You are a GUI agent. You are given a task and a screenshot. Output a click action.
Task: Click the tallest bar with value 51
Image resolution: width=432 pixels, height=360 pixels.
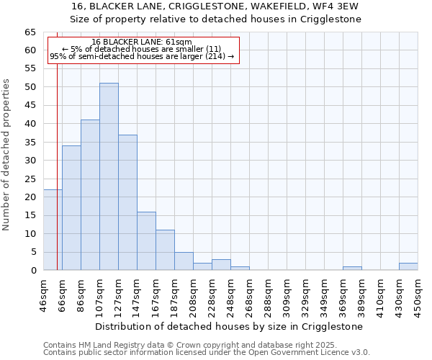tap(109, 176)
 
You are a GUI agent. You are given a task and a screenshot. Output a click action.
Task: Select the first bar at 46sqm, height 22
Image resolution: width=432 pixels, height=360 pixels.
tap(52, 230)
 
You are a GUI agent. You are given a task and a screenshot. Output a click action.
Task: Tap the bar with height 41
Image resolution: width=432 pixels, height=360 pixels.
tap(90, 195)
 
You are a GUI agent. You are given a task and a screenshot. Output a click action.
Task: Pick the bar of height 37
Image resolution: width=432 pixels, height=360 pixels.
tap(127, 202)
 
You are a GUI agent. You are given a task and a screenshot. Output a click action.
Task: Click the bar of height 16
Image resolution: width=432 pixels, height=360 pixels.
tap(146, 241)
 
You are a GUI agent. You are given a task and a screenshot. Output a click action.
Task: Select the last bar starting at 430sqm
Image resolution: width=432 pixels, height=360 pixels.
tap(408, 266)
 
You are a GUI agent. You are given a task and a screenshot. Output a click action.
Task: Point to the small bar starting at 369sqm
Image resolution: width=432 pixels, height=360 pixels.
tap(352, 269)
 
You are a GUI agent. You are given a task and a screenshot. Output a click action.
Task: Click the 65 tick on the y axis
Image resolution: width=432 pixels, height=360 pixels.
tap(30, 32)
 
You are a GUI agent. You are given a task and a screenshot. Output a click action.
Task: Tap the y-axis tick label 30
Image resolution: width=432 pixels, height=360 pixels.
tap(30, 161)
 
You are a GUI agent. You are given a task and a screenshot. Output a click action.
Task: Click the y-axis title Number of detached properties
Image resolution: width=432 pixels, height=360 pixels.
tap(6, 156)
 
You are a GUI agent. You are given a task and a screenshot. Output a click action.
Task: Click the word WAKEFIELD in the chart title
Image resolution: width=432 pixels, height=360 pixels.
tap(266, 6)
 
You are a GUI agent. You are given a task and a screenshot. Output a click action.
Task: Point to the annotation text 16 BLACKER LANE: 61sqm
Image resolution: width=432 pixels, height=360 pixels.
tap(142, 42)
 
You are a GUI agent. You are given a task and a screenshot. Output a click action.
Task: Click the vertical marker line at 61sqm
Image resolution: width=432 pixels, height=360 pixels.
tap(57, 180)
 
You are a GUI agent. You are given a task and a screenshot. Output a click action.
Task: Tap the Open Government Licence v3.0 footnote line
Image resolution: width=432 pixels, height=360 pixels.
tap(206, 353)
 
